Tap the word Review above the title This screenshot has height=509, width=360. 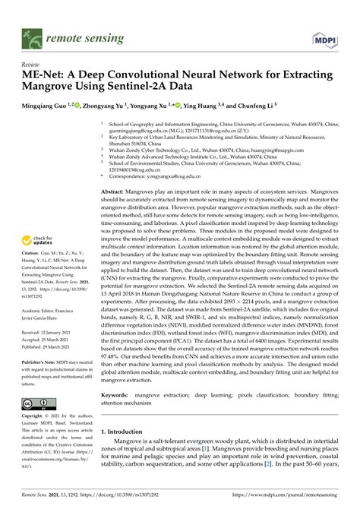(x=31, y=66)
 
